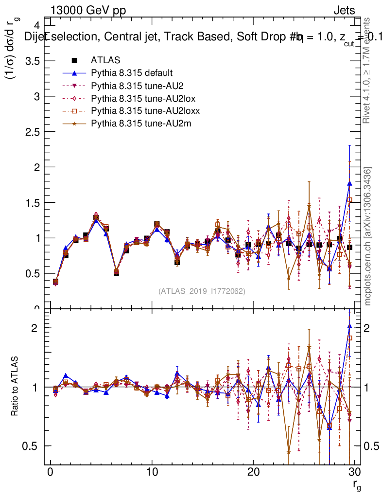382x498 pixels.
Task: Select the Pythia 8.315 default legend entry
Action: pos(131,73)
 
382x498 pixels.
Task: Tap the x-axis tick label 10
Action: pos(152,473)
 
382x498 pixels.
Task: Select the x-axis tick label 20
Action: pos(253,473)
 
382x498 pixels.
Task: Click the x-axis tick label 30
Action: pos(354,473)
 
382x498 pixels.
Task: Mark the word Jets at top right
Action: pos(344,11)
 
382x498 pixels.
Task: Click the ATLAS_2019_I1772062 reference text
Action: pos(202,291)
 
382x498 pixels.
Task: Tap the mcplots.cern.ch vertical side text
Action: pos(368,237)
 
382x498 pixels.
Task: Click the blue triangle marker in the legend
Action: pos(74,73)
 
